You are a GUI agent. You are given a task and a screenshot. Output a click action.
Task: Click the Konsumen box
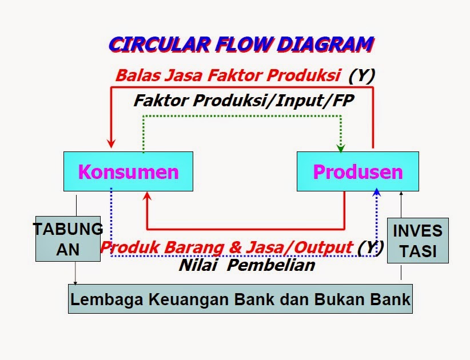128,171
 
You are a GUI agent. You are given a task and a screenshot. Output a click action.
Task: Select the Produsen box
358,171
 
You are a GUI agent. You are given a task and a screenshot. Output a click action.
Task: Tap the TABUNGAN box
68,239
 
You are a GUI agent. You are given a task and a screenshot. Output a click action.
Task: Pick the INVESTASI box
417,240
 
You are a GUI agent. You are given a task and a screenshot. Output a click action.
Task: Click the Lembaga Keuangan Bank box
240,299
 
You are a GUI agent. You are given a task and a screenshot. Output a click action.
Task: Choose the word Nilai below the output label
200,265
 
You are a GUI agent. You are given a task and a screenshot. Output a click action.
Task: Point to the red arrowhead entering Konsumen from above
111,143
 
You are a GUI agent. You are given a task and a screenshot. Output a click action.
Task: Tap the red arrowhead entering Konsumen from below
148,196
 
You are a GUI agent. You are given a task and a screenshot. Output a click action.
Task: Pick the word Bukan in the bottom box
350,299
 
